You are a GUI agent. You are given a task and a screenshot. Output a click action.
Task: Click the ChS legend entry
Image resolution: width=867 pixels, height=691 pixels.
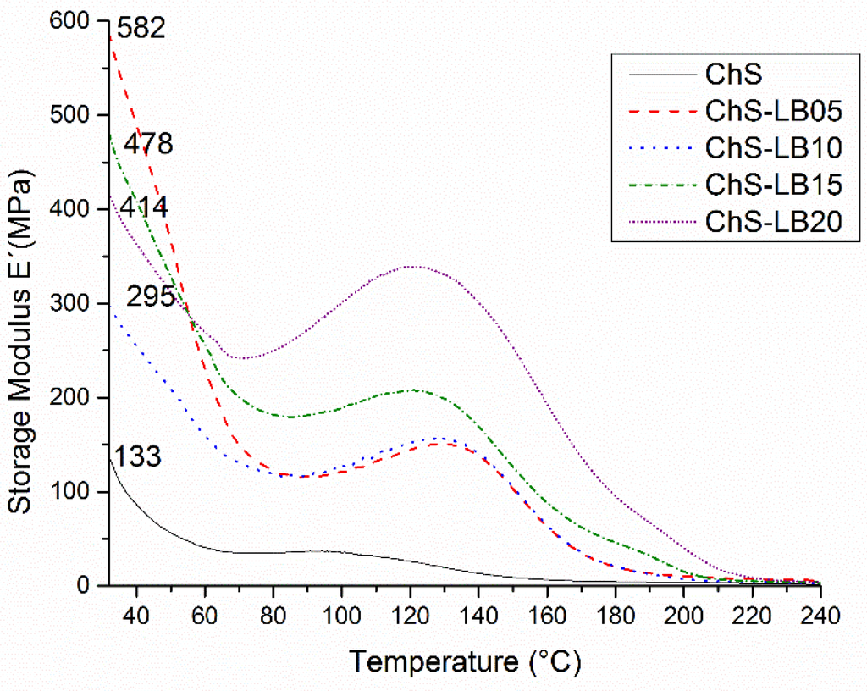coord(733,75)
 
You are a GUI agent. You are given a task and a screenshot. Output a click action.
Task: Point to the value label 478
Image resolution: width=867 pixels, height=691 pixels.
coord(148,145)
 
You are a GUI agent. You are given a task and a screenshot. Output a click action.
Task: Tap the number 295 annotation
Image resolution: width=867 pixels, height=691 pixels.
coord(151,296)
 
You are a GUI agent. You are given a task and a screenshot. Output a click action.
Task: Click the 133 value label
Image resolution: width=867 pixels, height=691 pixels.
coord(138,458)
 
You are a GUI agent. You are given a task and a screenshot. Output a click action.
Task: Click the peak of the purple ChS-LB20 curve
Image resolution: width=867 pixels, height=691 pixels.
coord(411,266)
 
